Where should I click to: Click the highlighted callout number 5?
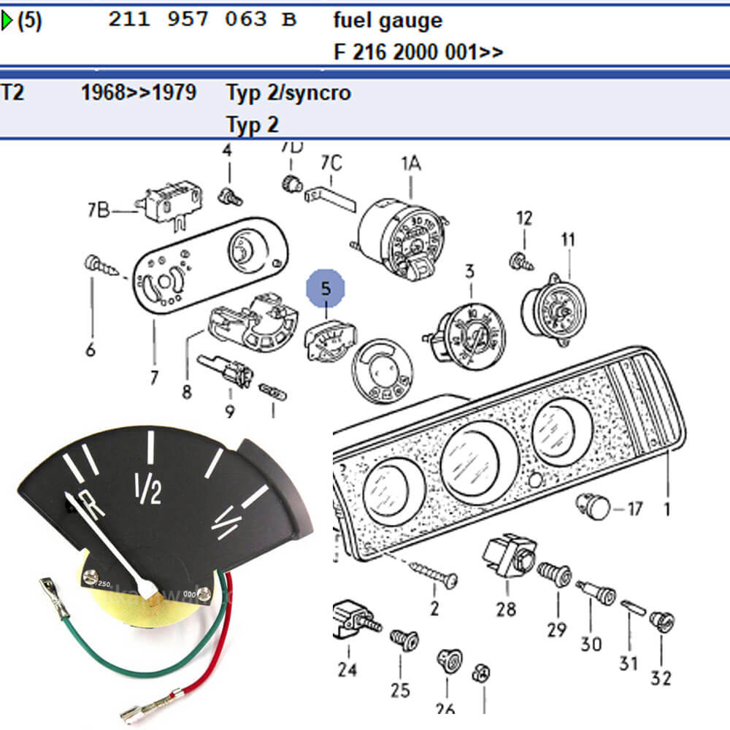pos(326,288)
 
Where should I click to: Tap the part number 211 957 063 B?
pos(202,20)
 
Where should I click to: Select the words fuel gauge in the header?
pos(388,20)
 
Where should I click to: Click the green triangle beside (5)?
pos(7,21)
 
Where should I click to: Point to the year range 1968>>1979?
pos(138,93)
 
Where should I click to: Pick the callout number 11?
pos(568,239)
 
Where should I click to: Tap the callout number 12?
pos(524,218)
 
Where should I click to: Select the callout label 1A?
pos(410,164)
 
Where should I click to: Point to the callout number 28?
pos(506,607)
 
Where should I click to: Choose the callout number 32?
pos(661,677)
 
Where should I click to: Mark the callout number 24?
pos(347,669)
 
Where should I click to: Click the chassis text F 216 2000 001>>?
pos(418,53)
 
